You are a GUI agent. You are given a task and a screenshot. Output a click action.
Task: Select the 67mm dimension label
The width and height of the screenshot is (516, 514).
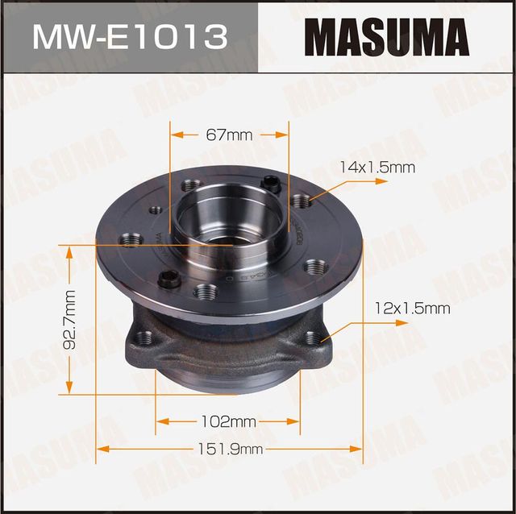(x=229, y=135)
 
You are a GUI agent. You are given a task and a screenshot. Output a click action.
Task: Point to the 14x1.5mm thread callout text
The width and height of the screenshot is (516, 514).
(x=377, y=168)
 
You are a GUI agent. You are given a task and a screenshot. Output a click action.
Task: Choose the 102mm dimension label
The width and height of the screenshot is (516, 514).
(x=230, y=421)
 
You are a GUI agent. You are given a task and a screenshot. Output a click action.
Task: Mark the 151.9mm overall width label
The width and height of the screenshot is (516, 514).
(x=230, y=449)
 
